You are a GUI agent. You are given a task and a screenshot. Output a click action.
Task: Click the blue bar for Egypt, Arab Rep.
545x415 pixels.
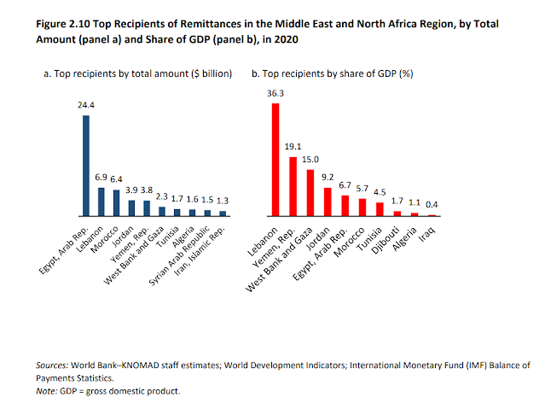click(86, 165)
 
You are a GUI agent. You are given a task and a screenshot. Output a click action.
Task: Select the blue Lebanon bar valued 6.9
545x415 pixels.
click(101, 201)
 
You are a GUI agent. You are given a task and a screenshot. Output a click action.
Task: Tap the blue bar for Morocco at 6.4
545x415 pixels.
click(117, 202)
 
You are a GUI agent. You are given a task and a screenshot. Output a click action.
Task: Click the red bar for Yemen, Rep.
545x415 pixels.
click(293, 186)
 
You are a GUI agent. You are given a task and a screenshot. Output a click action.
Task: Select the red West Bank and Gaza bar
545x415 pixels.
click(310, 192)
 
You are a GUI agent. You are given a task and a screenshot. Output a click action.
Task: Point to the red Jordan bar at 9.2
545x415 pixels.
click(328, 202)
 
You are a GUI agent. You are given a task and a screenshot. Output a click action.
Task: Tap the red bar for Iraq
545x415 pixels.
click(432, 215)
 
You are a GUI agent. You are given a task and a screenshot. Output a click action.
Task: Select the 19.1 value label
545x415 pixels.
click(292, 149)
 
